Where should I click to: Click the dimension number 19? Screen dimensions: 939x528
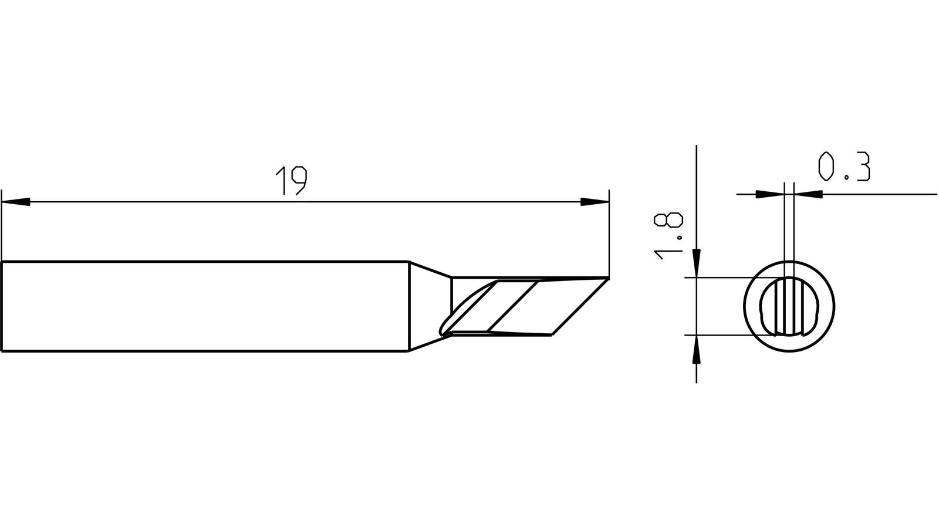[x=292, y=181]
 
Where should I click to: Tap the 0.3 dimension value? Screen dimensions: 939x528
[x=845, y=167]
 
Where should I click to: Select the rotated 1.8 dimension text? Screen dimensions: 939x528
[x=668, y=236]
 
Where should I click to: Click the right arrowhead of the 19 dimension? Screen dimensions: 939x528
[x=595, y=202]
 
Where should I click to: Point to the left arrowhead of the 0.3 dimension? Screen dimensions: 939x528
[x=769, y=194]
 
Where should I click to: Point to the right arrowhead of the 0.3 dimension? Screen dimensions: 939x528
[x=808, y=194]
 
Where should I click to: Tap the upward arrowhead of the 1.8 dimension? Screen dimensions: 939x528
[x=696, y=350]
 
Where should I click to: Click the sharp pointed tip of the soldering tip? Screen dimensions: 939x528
[x=608, y=278]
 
